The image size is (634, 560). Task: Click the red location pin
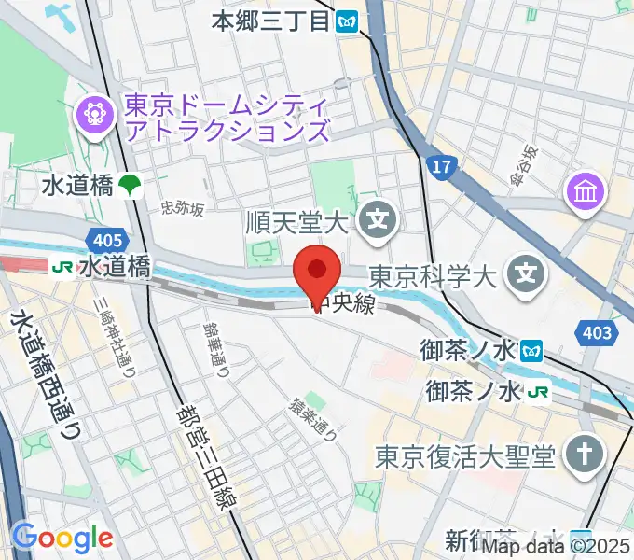[x=317, y=273]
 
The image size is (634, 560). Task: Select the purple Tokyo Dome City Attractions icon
[x=95, y=115]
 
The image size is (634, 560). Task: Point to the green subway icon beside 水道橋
[x=130, y=186]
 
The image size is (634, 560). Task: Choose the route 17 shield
[x=441, y=166]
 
